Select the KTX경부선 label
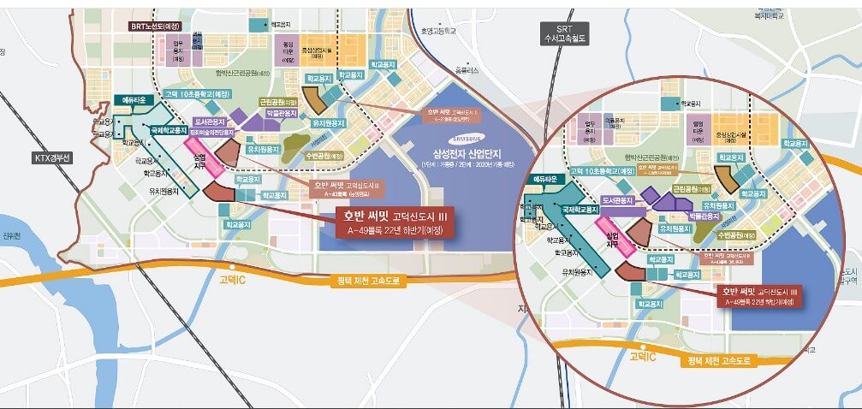pyautogui.click(x=54, y=157)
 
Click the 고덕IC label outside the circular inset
pyautogui.click(x=233, y=279)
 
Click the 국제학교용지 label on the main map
pyautogui.click(x=169, y=131)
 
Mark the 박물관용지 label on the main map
pyautogui.click(x=281, y=123)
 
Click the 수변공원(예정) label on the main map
pyautogui.click(x=324, y=156)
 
